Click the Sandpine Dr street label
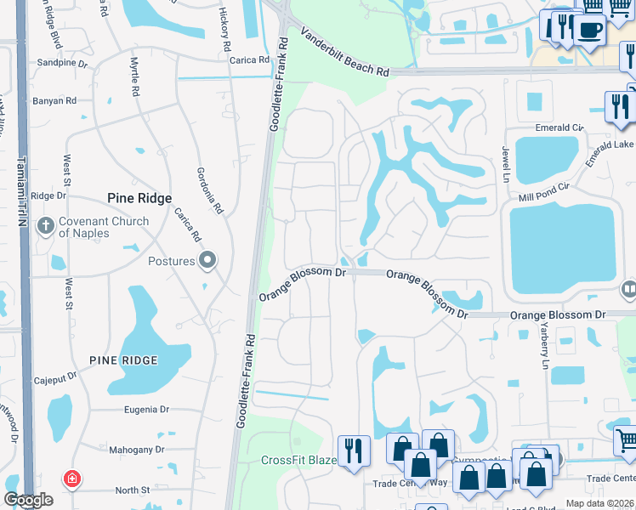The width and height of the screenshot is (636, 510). click(63, 63)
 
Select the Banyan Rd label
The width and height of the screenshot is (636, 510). click(54, 101)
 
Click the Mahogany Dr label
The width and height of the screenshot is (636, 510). click(135, 449)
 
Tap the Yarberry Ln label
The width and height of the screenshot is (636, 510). click(545, 347)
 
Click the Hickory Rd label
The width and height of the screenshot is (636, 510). click(225, 23)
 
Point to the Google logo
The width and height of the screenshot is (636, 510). click(28, 501)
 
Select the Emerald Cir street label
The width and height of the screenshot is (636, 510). click(559, 128)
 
